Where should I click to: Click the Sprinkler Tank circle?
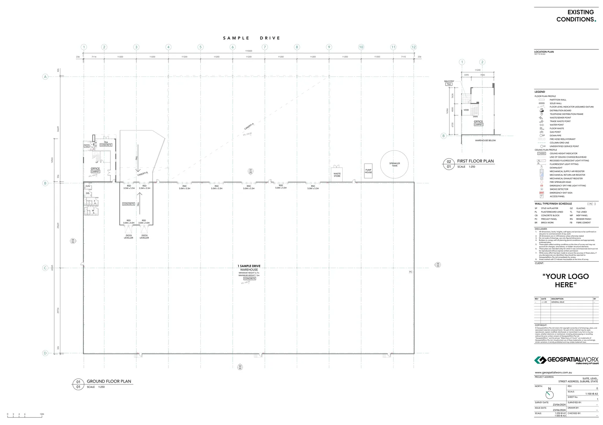(395, 164)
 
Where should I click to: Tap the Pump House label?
(368, 171)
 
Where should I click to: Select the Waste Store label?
(337, 175)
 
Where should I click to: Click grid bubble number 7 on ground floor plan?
(265, 47)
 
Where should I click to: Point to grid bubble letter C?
(45, 268)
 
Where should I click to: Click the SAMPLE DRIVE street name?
(252, 38)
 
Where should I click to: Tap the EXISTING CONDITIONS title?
(576, 16)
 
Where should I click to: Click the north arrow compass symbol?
(549, 394)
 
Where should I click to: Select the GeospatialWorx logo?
(566, 360)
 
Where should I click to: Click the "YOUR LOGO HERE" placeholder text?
(565, 281)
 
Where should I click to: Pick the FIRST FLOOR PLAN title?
(475, 161)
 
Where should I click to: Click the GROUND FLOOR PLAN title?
(109, 381)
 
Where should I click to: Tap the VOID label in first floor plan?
(466, 110)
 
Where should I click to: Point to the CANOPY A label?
(249, 126)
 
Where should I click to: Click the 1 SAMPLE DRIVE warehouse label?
(249, 266)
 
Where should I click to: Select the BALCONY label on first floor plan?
(449, 81)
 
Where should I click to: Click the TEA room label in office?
(106, 142)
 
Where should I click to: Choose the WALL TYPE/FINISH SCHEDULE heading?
(553, 204)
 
